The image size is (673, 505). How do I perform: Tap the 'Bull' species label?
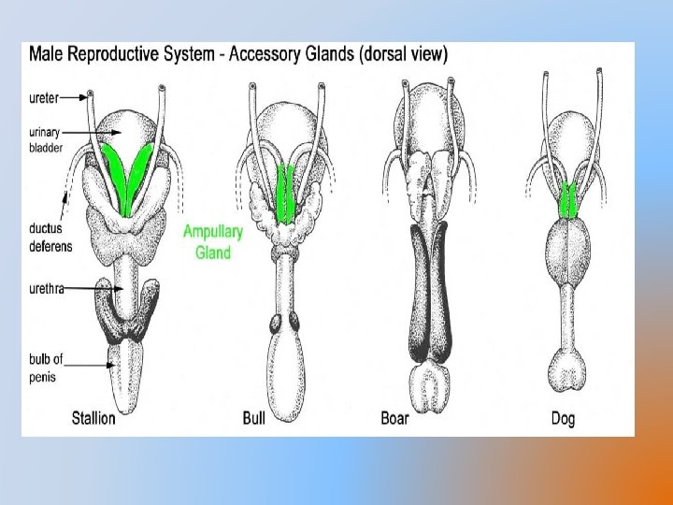(253, 418)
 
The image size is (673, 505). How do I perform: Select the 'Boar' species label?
(395, 418)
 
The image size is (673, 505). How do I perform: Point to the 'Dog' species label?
(563, 418)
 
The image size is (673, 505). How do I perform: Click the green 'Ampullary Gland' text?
(213, 241)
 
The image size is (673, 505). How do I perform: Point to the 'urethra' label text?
(47, 289)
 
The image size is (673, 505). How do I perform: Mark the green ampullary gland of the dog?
(568, 200)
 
